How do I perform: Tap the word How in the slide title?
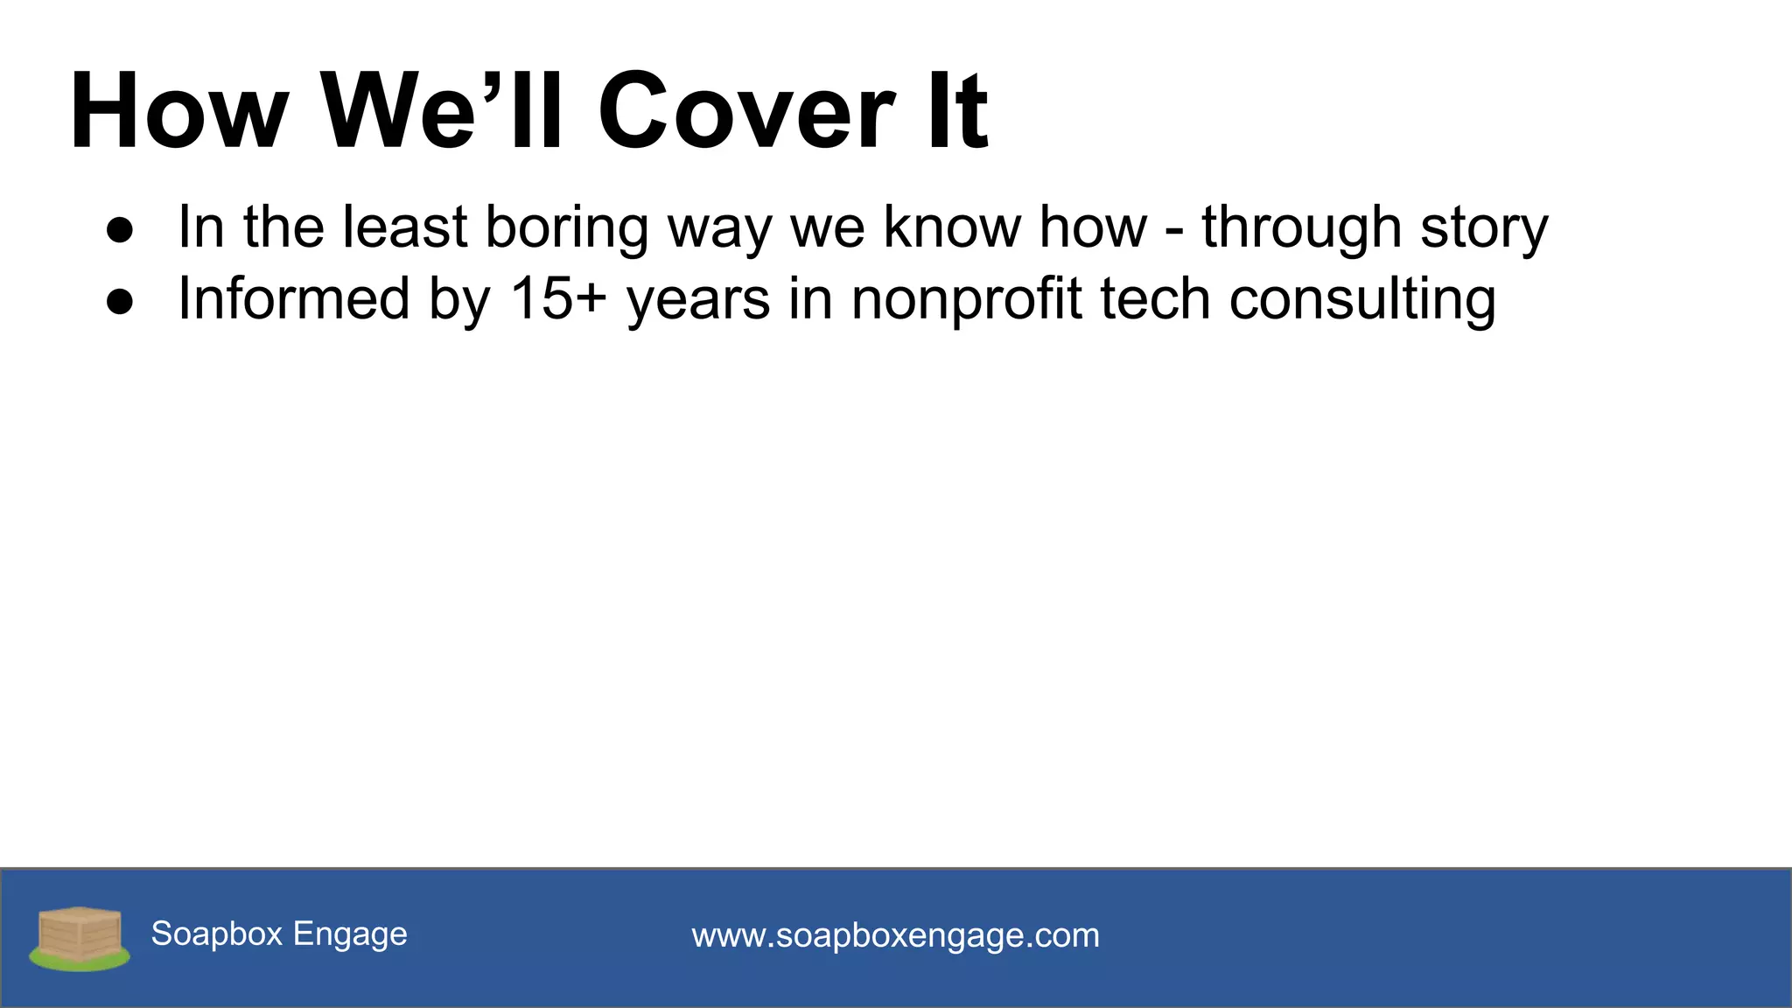[x=178, y=112]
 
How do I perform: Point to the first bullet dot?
[x=120, y=230]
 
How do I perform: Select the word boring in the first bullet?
[x=566, y=227]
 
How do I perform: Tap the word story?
[x=1484, y=227]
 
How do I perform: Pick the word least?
[x=405, y=227]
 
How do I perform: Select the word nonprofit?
[x=967, y=299]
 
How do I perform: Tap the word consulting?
[x=1362, y=299]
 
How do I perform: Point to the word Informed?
[x=293, y=298]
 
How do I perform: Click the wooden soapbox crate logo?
[x=80, y=937]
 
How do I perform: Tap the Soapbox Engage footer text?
[x=279, y=934]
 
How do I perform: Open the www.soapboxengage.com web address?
[x=895, y=935]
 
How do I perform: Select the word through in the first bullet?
[x=1301, y=227]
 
